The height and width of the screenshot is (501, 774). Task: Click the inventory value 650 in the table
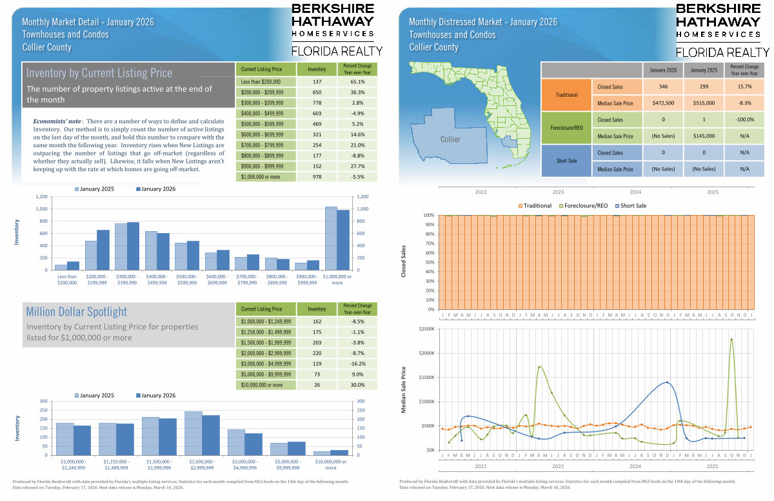pyautogui.click(x=317, y=92)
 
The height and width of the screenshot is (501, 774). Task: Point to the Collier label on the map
pyautogui.click(x=450, y=139)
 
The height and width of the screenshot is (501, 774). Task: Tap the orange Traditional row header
pyautogui.click(x=566, y=95)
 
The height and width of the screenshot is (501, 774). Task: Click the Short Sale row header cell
pyautogui.click(x=566, y=161)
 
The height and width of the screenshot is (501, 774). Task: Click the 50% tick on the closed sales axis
pyautogui.click(x=429, y=262)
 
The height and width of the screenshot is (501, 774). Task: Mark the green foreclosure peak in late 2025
pyautogui.click(x=731, y=340)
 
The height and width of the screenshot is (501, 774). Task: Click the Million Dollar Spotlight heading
pyautogui.click(x=77, y=312)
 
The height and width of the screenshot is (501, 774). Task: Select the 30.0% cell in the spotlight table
pyautogui.click(x=357, y=385)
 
